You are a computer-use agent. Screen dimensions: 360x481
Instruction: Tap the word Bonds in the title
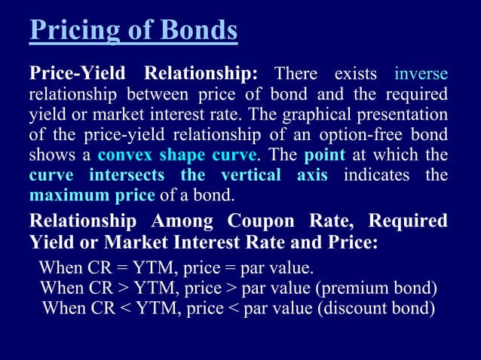(x=198, y=31)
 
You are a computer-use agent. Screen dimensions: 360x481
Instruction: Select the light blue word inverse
(x=421, y=75)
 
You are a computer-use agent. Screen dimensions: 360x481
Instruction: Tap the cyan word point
(x=324, y=156)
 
